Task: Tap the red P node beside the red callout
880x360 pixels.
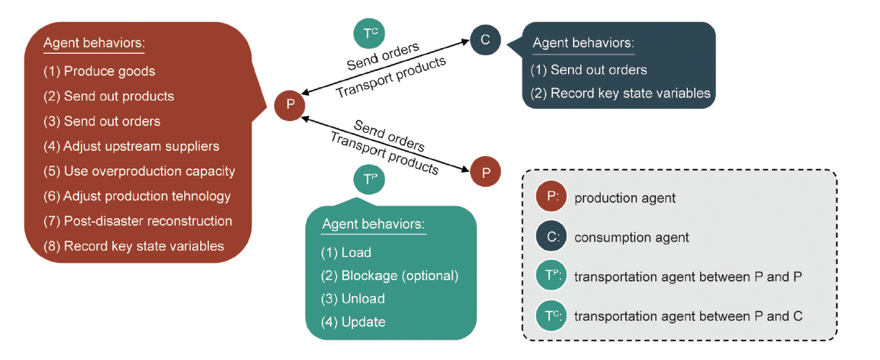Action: point(290,105)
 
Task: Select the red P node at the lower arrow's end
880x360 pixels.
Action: point(485,172)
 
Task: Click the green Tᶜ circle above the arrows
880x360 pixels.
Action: point(369,33)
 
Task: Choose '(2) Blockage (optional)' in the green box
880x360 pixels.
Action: point(390,275)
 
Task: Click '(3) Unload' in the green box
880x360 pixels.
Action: point(353,298)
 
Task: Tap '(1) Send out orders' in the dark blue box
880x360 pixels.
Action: point(588,70)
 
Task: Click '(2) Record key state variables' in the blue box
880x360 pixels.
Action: point(620,94)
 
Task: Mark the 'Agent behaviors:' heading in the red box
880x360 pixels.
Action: point(94,43)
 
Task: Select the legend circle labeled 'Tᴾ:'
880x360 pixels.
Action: point(551,277)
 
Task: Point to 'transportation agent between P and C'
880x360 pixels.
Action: point(688,316)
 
